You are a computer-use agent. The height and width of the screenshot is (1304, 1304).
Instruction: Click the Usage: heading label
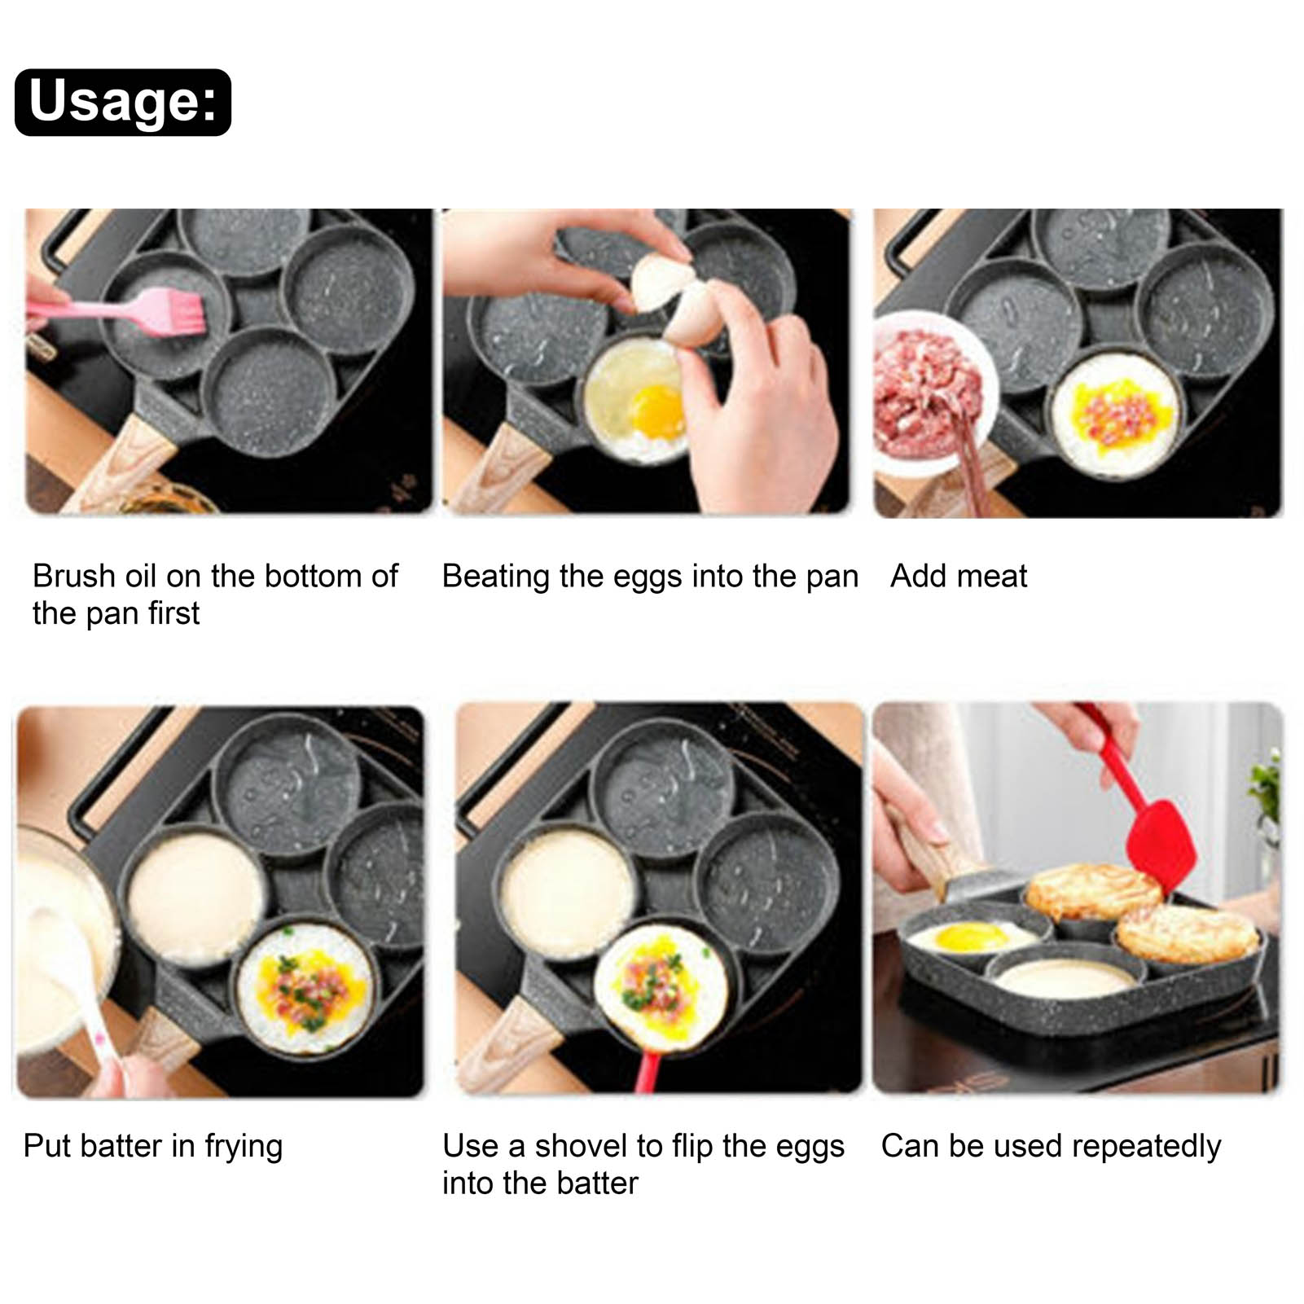click(123, 102)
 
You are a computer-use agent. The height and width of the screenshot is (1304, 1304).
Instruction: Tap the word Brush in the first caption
click(73, 576)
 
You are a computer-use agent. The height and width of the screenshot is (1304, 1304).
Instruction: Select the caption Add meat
click(959, 576)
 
